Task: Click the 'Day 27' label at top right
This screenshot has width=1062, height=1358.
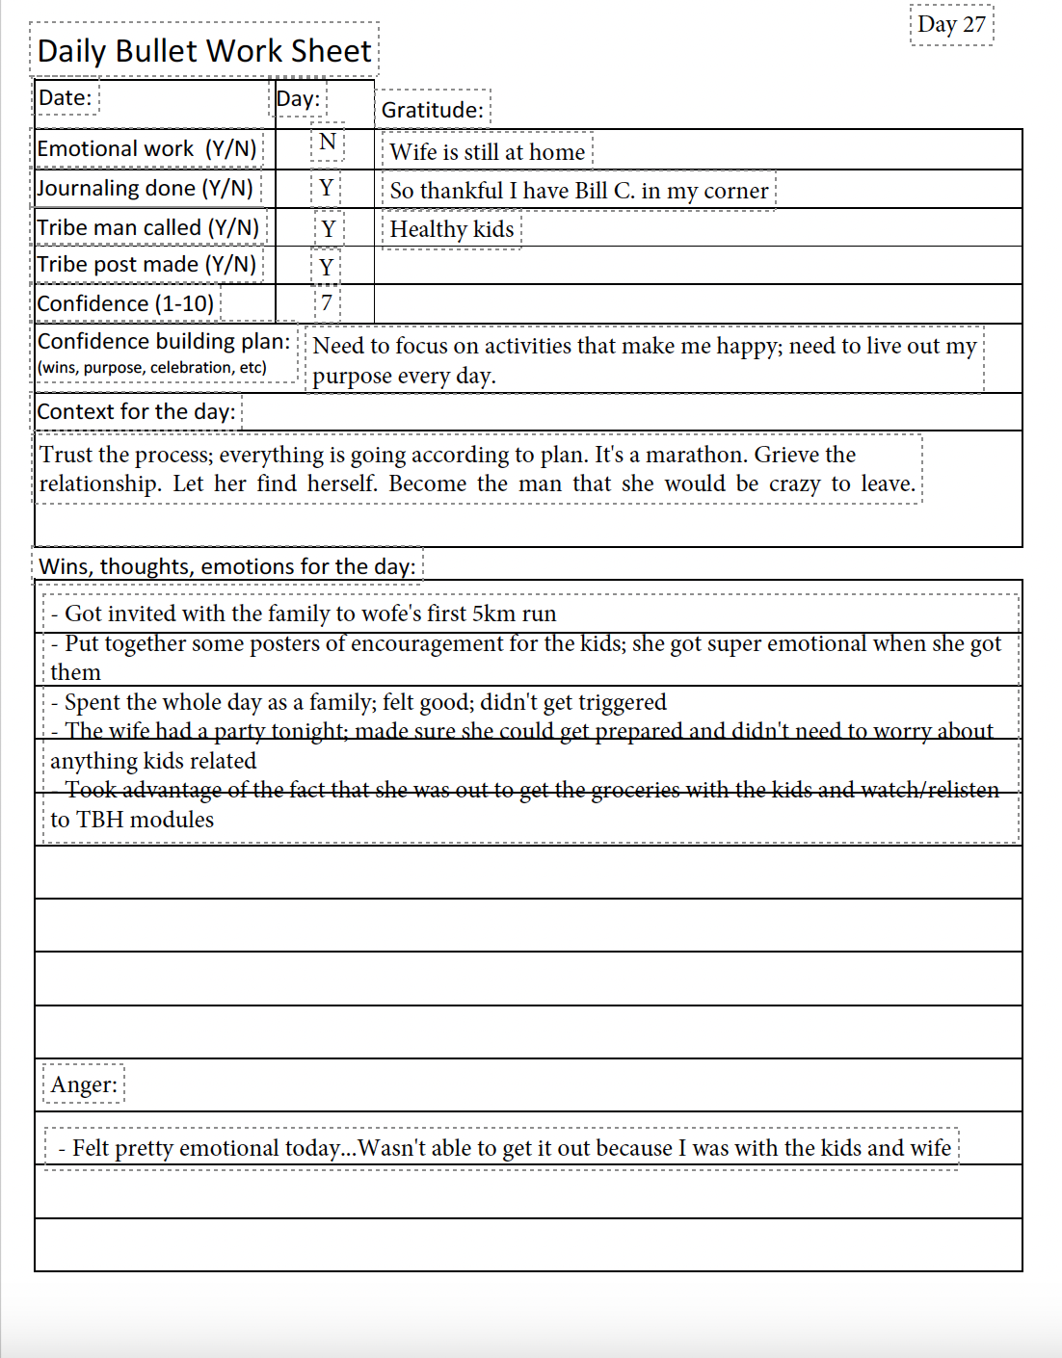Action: pyautogui.click(x=951, y=24)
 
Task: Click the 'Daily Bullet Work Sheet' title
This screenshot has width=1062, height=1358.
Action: pyautogui.click(x=204, y=50)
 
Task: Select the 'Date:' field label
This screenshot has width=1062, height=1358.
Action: pyautogui.click(x=65, y=97)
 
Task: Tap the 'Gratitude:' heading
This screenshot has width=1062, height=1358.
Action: pyautogui.click(x=432, y=110)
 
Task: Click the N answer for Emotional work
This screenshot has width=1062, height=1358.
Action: pyautogui.click(x=328, y=143)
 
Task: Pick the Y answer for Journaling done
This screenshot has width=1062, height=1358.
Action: pyautogui.click(x=327, y=188)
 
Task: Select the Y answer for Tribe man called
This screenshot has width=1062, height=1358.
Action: pyautogui.click(x=328, y=228)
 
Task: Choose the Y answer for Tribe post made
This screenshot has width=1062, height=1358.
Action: pyautogui.click(x=327, y=267)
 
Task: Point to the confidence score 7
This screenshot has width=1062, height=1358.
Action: pyautogui.click(x=327, y=302)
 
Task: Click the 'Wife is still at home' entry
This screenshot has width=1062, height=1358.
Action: pyautogui.click(x=487, y=152)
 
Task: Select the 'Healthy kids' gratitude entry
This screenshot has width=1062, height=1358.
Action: pyautogui.click(x=451, y=229)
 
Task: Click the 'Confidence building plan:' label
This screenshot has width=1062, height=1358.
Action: pyautogui.click(x=163, y=341)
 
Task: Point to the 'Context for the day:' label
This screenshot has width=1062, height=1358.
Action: pyautogui.click(x=136, y=411)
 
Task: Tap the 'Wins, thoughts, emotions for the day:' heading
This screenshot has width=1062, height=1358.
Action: pyautogui.click(x=227, y=566)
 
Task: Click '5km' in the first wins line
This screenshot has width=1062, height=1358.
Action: pyautogui.click(x=493, y=614)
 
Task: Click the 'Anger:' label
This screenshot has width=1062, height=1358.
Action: pyautogui.click(x=84, y=1084)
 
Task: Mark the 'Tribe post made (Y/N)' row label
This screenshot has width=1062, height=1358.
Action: pyautogui.click(x=146, y=264)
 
